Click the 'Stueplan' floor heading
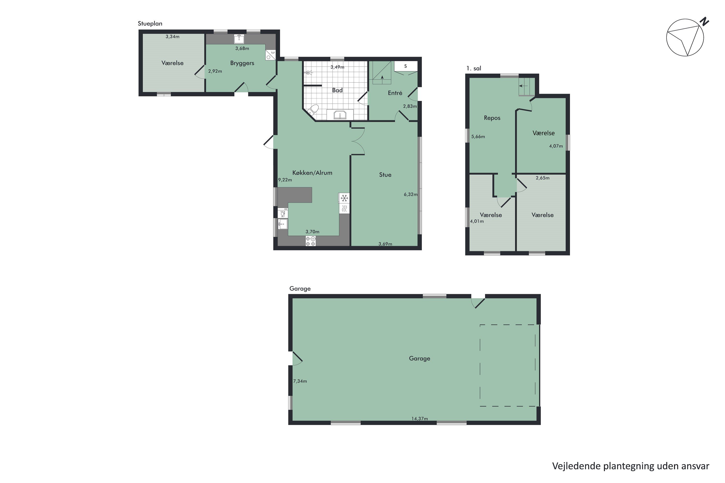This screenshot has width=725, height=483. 150,24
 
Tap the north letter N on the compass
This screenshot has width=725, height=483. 704,21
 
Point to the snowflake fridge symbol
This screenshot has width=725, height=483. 344,198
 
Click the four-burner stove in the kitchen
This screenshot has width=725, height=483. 310,241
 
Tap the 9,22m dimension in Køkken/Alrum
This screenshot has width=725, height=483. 285,180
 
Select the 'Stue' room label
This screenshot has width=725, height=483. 385,175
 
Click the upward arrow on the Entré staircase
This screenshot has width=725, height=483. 382,78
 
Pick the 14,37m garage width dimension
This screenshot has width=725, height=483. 420,419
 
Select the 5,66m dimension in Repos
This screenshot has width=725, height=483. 478,137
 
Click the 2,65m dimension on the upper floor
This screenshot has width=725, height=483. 543,178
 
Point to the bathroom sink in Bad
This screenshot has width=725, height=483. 340,115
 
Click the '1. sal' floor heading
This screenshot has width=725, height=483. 473,68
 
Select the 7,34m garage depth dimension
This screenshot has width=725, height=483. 300,381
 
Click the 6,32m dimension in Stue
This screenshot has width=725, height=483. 411,194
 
